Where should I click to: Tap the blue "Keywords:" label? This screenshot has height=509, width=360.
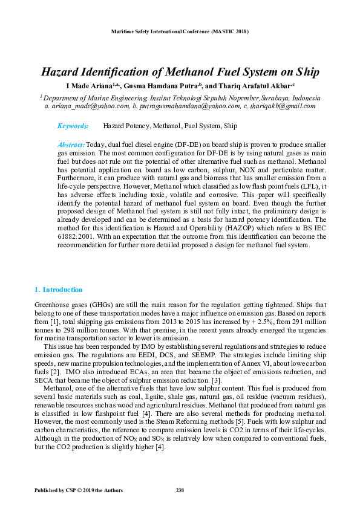[x=73, y=126]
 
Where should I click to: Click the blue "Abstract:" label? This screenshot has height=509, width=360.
[x=71, y=146]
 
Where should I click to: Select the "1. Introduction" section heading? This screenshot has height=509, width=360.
[x=58, y=290]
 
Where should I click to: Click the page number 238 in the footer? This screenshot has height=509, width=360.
[x=180, y=489]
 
